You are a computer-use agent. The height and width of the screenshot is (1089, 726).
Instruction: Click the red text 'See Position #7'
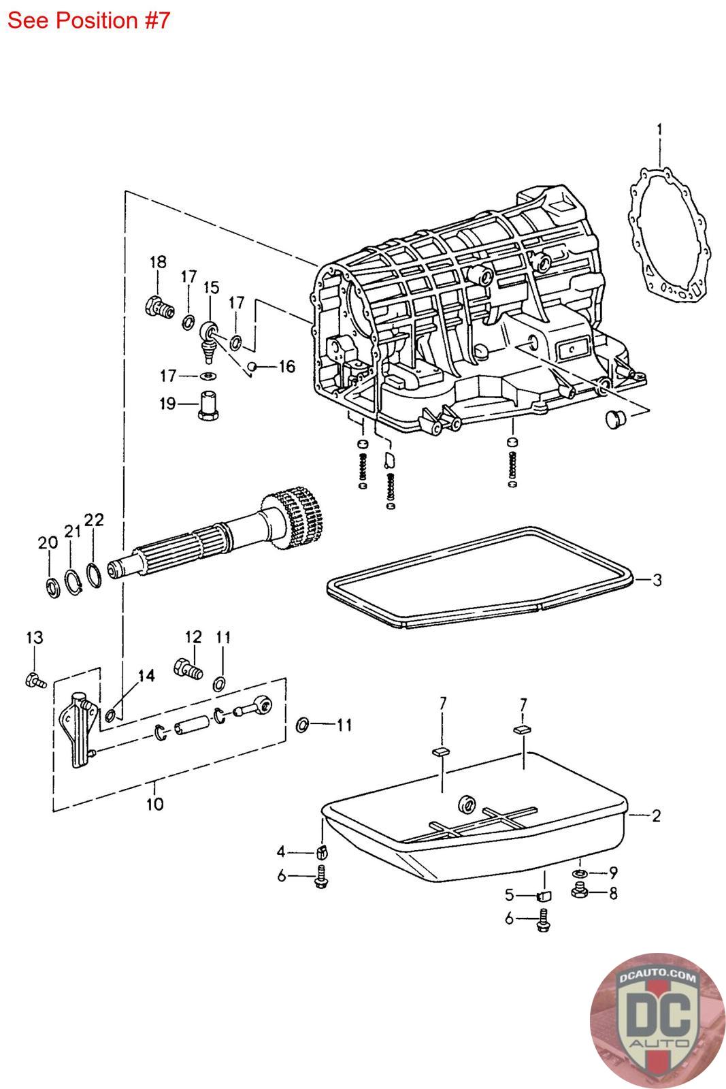coord(88,20)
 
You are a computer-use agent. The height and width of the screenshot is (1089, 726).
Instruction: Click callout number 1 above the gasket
coord(659,129)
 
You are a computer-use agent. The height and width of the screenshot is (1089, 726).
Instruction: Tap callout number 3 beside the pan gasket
coord(657,580)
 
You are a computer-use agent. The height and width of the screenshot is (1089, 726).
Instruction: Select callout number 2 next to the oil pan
coord(656,815)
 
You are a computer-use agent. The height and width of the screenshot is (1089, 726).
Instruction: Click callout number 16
coord(286,367)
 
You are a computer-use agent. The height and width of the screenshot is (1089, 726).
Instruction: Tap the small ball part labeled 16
coord(252,367)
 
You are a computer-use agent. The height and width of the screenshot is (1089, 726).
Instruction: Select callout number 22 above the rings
coord(94,521)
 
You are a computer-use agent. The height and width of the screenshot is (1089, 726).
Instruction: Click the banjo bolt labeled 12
coord(188,668)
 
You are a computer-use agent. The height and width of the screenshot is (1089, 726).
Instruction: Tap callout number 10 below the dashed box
coord(155,804)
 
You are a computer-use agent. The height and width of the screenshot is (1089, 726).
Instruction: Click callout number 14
coord(146,675)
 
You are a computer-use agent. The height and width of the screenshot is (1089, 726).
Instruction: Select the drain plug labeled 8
coord(580,890)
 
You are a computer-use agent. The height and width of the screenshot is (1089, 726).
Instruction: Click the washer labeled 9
coord(580,873)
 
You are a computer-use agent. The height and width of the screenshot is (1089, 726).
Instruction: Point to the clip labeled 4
coord(323,851)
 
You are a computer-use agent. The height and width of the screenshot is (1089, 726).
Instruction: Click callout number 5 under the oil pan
coord(509,896)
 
